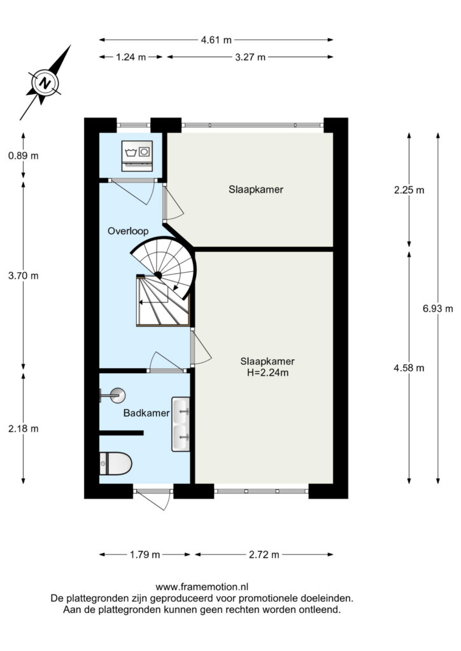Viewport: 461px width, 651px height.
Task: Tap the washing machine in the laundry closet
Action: click(137, 156)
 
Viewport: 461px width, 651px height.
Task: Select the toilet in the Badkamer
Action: click(115, 463)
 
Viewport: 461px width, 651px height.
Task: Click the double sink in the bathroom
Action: click(181, 424)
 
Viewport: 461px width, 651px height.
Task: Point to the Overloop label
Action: click(128, 231)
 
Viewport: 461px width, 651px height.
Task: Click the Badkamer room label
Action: click(146, 413)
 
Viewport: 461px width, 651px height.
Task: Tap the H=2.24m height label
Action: click(267, 373)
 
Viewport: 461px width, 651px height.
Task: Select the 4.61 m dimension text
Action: click(216, 40)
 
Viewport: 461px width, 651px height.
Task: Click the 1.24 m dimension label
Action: click(131, 57)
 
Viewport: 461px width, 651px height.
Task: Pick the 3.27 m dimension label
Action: click(250, 57)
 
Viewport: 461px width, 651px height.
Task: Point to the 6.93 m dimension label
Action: click(437, 308)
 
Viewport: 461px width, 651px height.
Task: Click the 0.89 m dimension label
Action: click(24, 156)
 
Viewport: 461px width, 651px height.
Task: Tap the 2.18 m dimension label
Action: click(24, 428)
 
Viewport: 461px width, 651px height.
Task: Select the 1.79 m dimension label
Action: click(145, 554)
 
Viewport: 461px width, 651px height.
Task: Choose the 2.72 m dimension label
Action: click(264, 554)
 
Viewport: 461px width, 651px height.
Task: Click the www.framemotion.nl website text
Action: click(202, 587)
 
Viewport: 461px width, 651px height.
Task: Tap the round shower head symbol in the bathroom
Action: click(118, 395)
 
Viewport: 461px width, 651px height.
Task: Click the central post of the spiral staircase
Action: click(158, 275)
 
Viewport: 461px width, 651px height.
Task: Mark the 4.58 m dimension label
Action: click(409, 368)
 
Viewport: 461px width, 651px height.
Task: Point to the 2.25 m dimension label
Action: click(409, 190)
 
